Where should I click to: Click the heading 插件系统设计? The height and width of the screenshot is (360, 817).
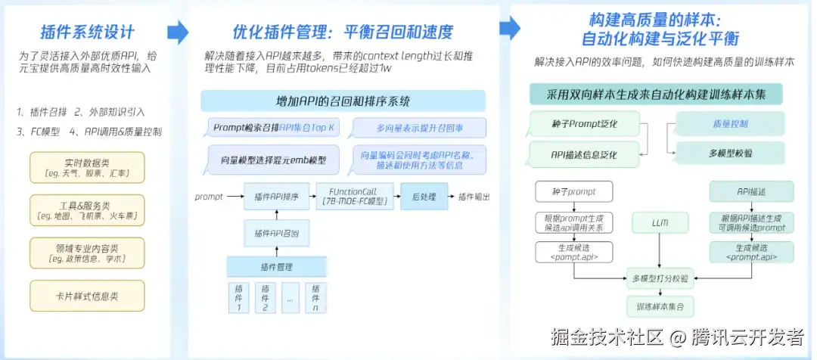[87, 33]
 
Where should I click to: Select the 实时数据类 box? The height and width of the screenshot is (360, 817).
[86, 168]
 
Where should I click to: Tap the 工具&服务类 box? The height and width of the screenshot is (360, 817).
[86, 210]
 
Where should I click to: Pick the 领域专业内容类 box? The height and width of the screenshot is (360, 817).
[86, 253]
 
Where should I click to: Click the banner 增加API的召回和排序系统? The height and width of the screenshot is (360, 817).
[343, 101]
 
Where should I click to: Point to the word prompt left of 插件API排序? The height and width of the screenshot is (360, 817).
[209, 197]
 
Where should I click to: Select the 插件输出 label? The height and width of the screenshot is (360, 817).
[474, 197]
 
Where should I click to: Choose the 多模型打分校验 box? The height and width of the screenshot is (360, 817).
[660, 278]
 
